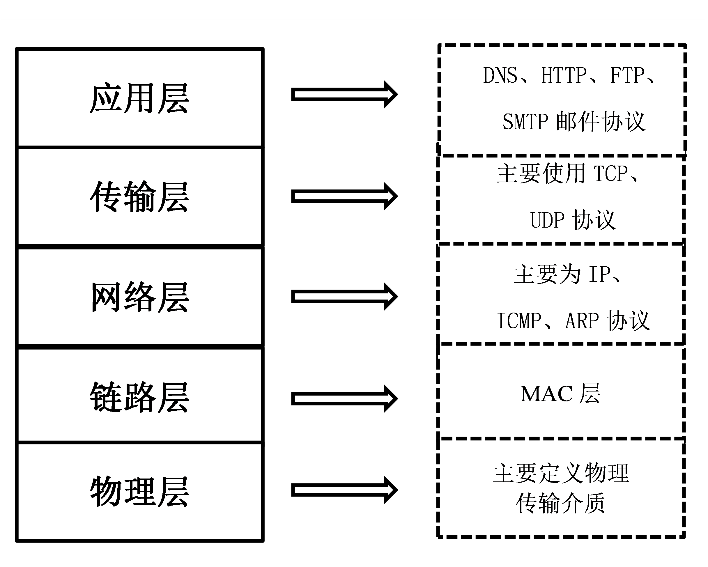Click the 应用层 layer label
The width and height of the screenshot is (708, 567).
pyautogui.click(x=139, y=98)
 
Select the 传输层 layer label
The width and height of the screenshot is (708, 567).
pyautogui.click(x=139, y=197)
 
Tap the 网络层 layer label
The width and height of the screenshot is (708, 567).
pyautogui.click(x=139, y=297)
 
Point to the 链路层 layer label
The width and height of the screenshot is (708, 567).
pyautogui.click(x=139, y=397)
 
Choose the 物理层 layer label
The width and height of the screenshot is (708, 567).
pyautogui.click(x=139, y=492)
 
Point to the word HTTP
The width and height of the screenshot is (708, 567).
pyautogui.click(x=564, y=75)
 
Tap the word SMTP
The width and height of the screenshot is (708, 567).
pyautogui.click(x=525, y=122)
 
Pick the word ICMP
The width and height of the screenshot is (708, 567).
pyautogui.click(x=519, y=321)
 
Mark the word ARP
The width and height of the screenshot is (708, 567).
pyautogui.click(x=582, y=321)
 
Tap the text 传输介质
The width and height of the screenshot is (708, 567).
pyautogui.click(x=560, y=503)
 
